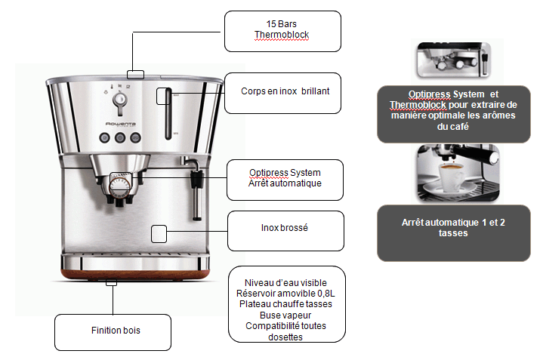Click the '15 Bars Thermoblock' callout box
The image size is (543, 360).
click(282, 31)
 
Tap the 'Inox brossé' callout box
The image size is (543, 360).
click(285, 231)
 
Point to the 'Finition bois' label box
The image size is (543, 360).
click(113, 332)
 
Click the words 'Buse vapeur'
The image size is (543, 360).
click(285, 315)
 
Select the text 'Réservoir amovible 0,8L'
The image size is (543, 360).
click(285, 294)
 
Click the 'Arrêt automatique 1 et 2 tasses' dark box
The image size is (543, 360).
click(454, 233)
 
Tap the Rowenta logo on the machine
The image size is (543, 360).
click(121, 124)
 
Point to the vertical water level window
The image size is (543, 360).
click(168, 114)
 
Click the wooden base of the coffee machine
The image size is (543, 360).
click(135, 275)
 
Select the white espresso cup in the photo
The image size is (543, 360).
click(452, 177)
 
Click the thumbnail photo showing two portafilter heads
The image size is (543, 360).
click(454, 60)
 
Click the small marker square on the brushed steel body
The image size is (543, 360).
click(159, 234)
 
